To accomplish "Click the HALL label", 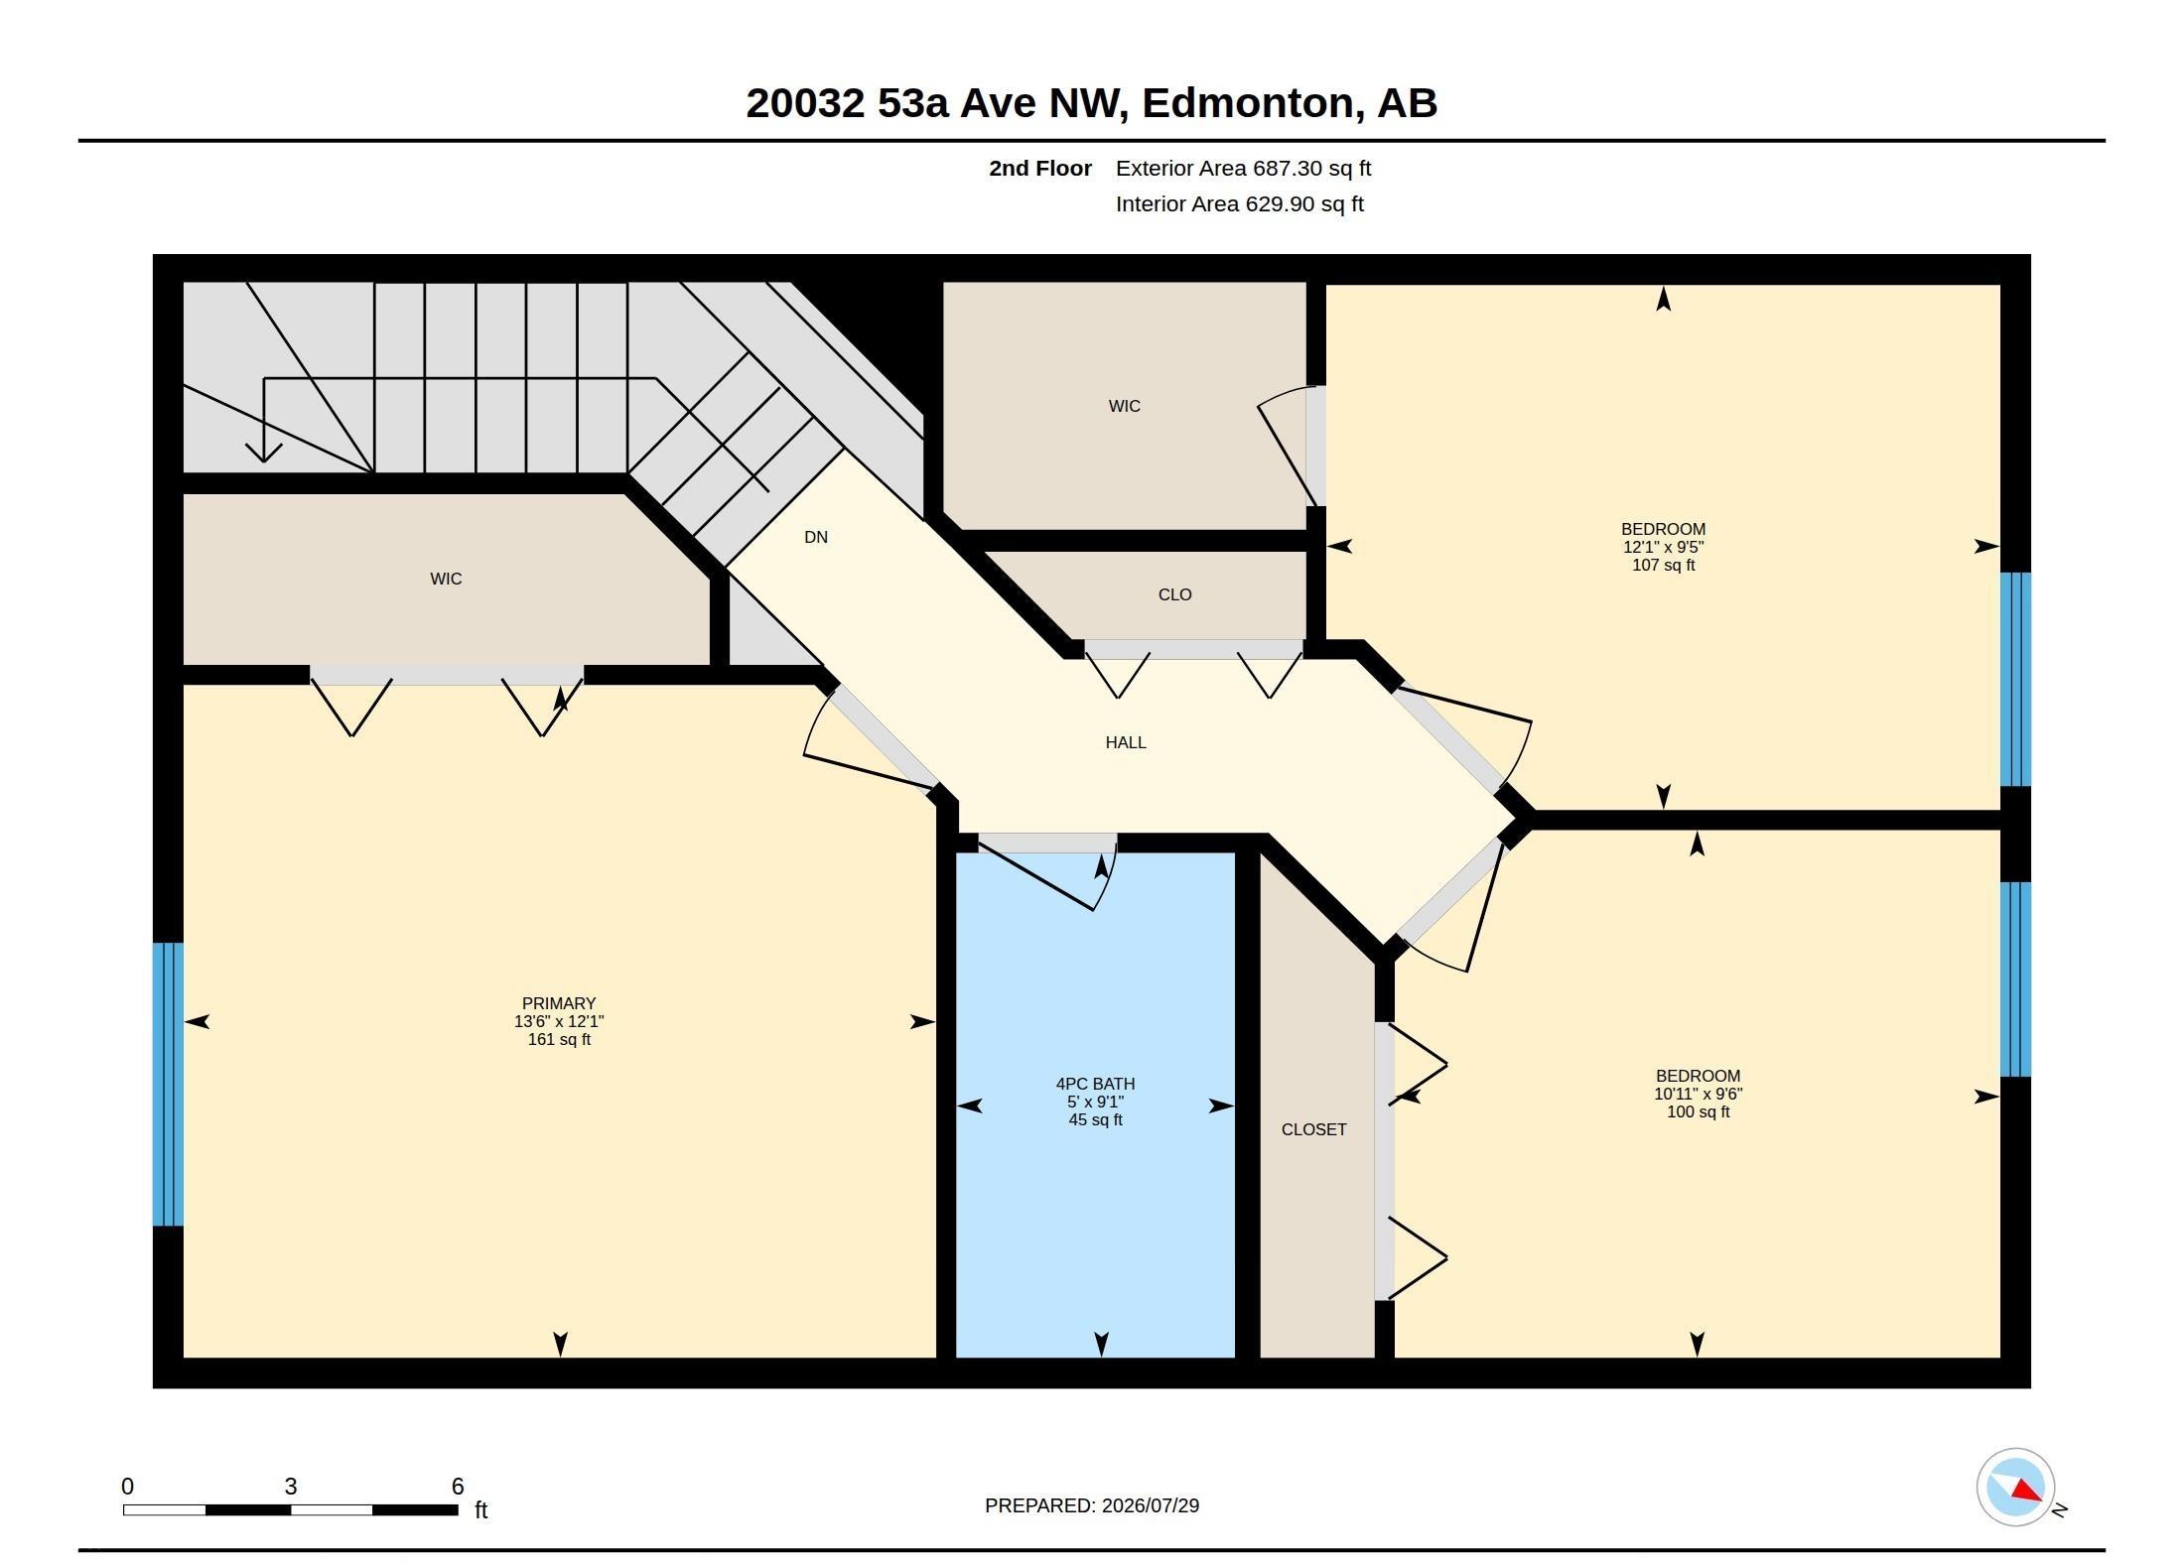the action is point(1126,742).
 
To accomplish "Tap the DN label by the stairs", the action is point(816,537).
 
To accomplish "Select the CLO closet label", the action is point(1174,594).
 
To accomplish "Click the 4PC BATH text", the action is point(1095,1084).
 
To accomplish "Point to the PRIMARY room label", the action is point(559,1003).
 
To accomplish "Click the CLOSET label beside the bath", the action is point(1313,1129).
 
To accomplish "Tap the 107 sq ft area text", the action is point(1664,565).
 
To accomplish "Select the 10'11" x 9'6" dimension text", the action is point(1698,1094).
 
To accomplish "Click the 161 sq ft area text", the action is point(559,1039).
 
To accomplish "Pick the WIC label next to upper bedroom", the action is point(1124,406).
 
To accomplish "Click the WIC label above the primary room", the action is point(446,579).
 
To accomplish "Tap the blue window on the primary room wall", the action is point(168,1084).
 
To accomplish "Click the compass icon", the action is point(2016,1487).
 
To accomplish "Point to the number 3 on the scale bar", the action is point(291,1486).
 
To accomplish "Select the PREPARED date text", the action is point(1092,1505).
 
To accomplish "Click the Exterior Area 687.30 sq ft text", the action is point(1243,169).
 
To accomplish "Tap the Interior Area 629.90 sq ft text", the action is point(1240,204).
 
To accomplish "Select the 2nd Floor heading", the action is point(1040,169).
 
